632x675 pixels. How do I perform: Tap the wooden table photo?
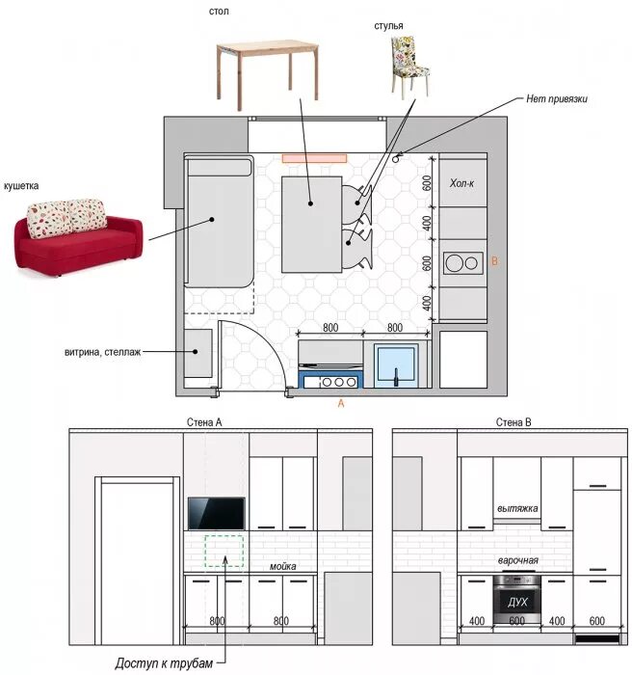[268, 74]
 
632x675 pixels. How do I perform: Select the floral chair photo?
[410, 66]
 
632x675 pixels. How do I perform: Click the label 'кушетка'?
[21, 186]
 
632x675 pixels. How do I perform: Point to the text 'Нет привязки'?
[557, 98]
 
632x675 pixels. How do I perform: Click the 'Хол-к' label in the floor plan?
[461, 183]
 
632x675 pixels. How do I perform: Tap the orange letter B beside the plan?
[495, 261]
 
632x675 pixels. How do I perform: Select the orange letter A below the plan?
[341, 403]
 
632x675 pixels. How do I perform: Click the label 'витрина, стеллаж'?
[102, 352]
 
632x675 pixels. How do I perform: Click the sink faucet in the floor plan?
[396, 377]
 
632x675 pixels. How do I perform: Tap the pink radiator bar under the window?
[314, 158]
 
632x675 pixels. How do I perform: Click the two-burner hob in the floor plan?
[463, 263]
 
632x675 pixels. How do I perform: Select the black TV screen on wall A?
[217, 514]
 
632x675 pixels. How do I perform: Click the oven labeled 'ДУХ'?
[516, 599]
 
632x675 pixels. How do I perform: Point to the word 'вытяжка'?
[517, 508]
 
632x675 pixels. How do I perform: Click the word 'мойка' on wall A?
[282, 567]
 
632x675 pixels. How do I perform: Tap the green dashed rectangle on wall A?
[224, 552]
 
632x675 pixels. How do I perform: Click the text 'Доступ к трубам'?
[164, 663]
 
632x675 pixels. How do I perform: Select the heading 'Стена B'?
[513, 422]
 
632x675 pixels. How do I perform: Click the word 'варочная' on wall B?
[518, 560]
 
